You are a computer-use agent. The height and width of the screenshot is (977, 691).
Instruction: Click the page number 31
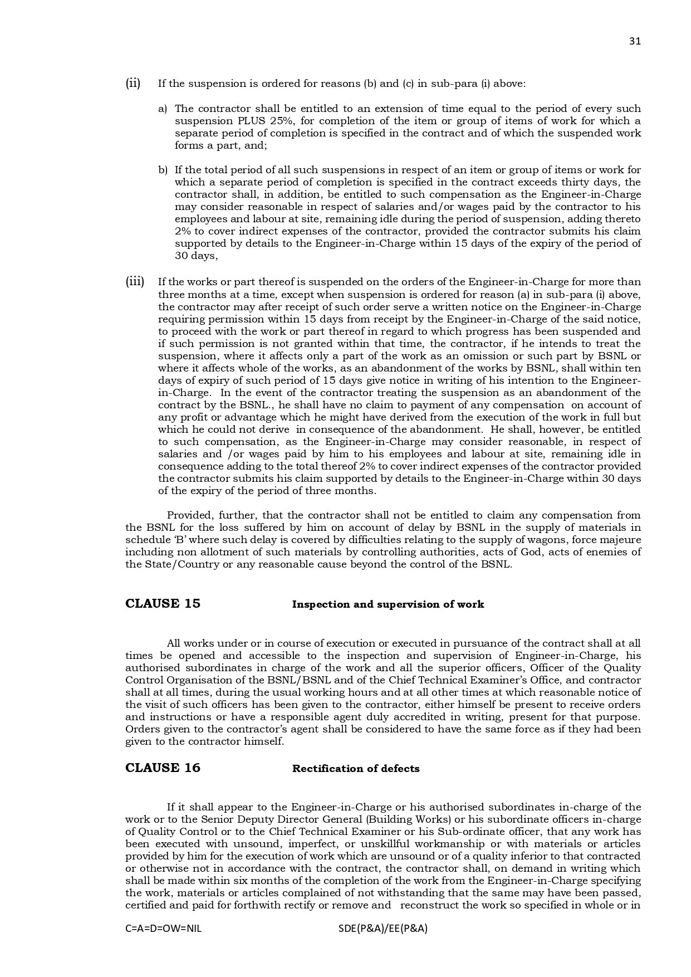635,41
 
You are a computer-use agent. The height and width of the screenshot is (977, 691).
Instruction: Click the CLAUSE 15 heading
163,604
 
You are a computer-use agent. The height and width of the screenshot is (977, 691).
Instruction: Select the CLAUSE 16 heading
163,768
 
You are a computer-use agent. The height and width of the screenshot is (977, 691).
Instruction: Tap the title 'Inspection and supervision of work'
388,604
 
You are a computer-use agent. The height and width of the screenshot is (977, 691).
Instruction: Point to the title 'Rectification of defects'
356,769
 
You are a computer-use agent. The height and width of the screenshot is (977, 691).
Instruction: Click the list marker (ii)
133,84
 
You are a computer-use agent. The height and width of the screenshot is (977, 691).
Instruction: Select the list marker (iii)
134,281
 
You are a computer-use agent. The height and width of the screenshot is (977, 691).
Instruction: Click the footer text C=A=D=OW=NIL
163,929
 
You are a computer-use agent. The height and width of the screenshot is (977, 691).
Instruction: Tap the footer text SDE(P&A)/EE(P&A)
383,929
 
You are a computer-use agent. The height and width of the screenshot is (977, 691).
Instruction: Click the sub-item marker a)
163,109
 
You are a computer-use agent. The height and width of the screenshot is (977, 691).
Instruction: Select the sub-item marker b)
163,170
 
